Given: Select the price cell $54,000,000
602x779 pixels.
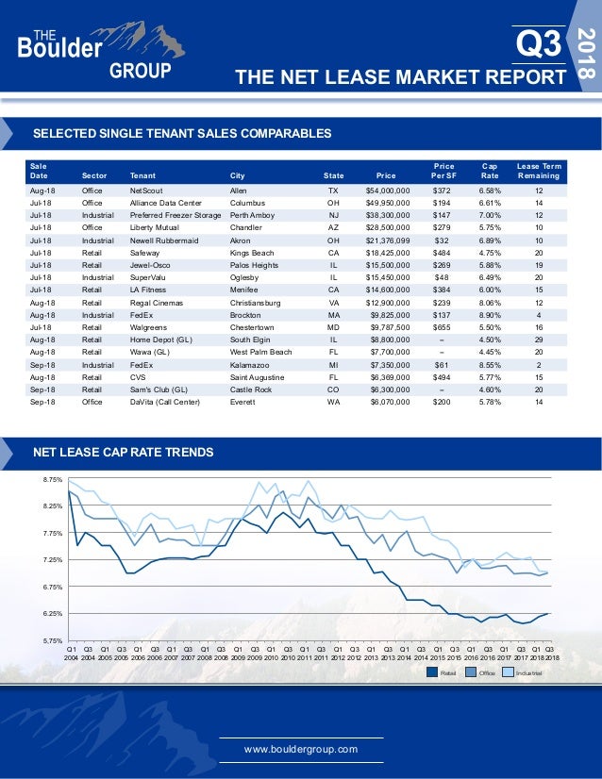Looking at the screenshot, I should click(x=388, y=190).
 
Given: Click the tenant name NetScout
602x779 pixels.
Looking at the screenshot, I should click(x=147, y=190).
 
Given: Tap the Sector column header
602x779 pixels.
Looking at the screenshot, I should click(x=94, y=174).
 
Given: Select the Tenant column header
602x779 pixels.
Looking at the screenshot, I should click(x=143, y=174).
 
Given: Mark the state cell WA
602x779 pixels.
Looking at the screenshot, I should click(x=333, y=402).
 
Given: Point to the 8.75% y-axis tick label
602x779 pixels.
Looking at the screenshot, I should click(x=52, y=480).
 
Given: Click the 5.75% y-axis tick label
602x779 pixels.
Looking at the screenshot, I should click(x=52, y=640).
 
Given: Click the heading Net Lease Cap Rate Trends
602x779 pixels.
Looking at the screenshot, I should click(x=123, y=452).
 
